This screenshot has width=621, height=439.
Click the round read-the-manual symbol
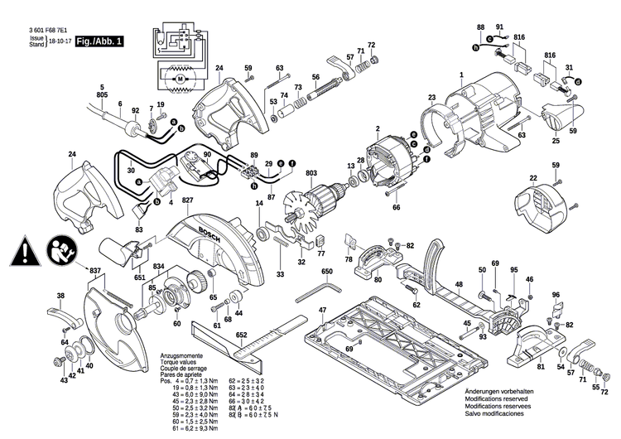(x=61, y=248)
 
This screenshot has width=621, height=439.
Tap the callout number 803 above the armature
(x=311, y=172)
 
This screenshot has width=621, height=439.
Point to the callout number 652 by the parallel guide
(x=242, y=335)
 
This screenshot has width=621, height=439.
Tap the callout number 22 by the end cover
(x=533, y=178)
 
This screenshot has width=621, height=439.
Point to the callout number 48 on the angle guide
(x=456, y=284)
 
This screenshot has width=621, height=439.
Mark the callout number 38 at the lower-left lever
(x=60, y=296)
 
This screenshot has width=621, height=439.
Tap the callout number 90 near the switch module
(x=207, y=155)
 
